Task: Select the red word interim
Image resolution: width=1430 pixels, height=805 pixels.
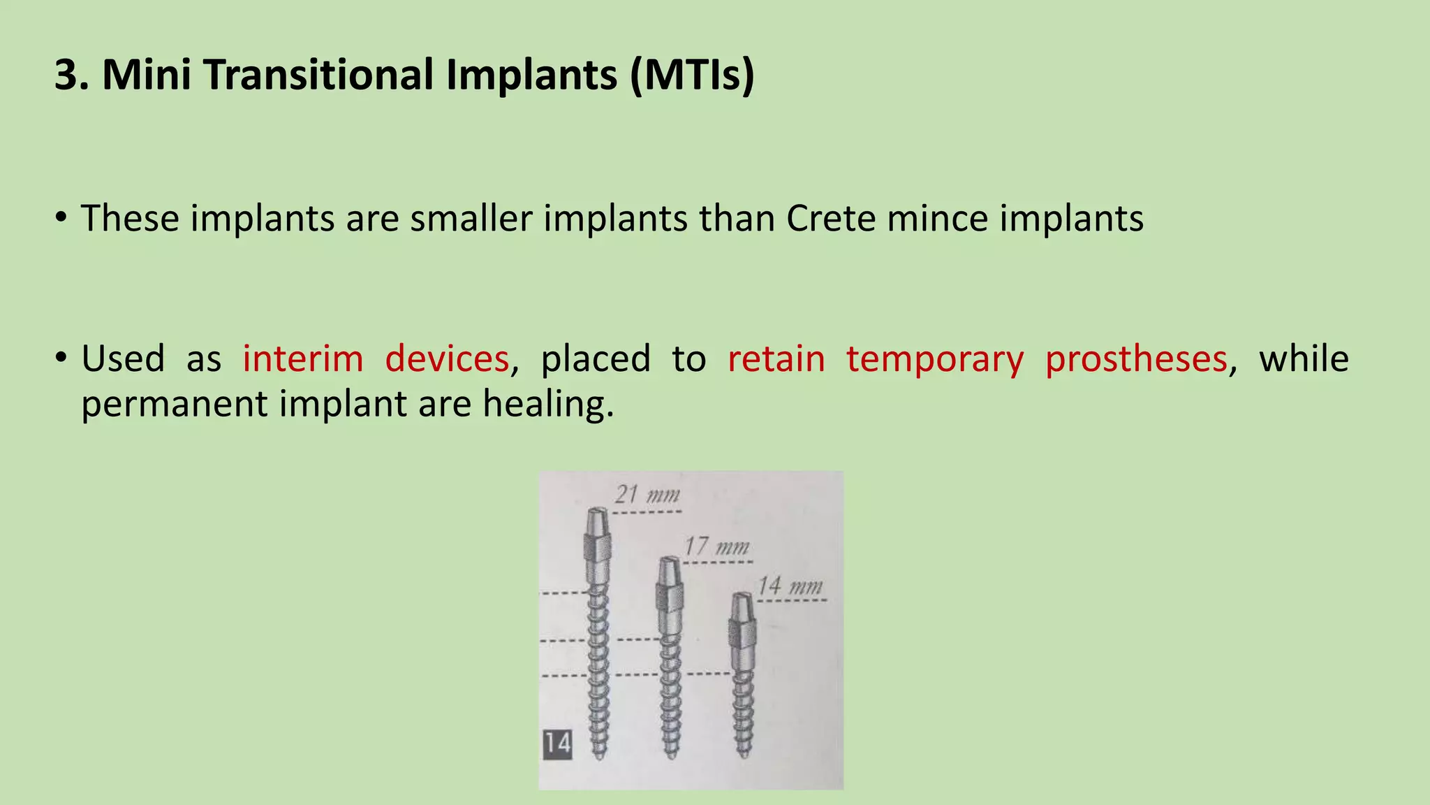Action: [302, 359]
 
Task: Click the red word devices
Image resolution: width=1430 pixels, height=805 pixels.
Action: [447, 359]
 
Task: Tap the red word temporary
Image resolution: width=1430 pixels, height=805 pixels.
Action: [935, 359]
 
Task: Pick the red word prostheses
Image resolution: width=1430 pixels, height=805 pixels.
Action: [1136, 359]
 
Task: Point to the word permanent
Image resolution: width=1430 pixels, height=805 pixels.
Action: [174, 405]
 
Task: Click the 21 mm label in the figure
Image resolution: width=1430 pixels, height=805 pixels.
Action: [647, 495]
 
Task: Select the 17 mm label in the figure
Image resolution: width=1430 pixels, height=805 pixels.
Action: [716, 546]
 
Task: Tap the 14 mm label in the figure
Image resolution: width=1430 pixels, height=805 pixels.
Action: [790, 585]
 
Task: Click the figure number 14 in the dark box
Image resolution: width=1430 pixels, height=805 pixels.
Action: [557, 744]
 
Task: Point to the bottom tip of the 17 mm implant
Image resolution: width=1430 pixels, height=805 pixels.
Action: [671, 755]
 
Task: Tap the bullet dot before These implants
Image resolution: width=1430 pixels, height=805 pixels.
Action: [61, 219]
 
